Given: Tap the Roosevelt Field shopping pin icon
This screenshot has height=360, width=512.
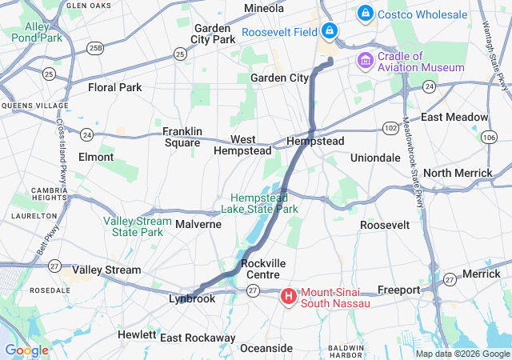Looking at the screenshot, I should (x=329, y=31).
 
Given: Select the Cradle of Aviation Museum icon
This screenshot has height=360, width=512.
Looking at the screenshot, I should (x=366, y=61).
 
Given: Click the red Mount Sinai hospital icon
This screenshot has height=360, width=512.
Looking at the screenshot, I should (x=288, y=297).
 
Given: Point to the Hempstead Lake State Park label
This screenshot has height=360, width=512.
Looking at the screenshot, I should (x=265, y=203).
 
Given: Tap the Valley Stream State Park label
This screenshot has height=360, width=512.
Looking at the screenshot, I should (x=137, y=226).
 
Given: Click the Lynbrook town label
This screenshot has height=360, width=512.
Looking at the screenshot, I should (x=192, y=298).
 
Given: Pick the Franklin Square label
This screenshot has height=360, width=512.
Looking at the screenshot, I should (x=182, y=137).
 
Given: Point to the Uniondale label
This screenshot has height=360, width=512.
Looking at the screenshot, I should (x=375, y=158).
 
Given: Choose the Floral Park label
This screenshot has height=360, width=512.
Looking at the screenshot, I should (x=114, y=87).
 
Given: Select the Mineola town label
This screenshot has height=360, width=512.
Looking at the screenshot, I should (x=264, y=8).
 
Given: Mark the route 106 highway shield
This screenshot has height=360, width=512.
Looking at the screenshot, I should (x=489, y=138).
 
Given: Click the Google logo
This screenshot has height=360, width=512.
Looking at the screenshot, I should (x=26, y=350).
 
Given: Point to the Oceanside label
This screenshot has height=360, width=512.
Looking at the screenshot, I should (x=266, y=348).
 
